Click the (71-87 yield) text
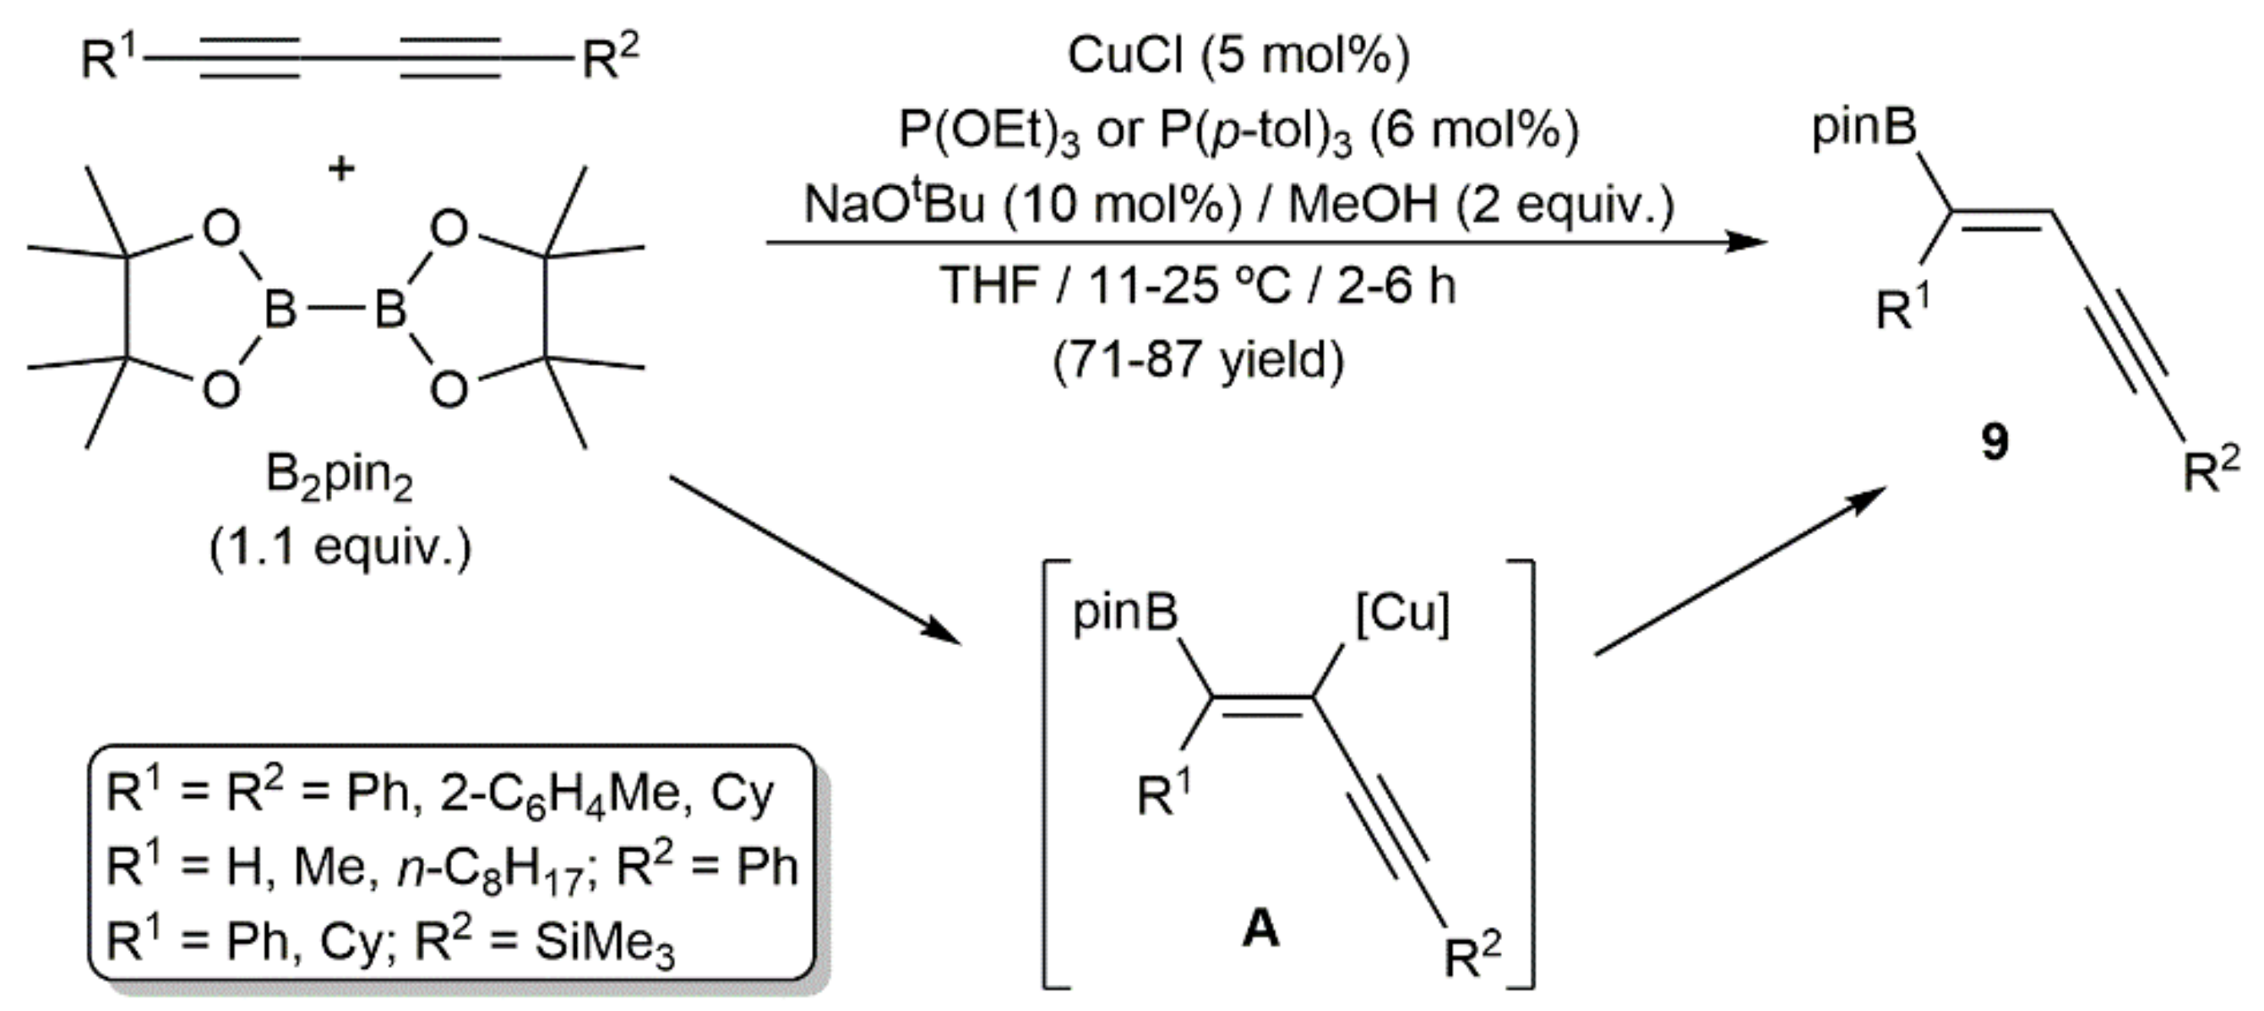click(1198, 359)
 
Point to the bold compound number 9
click(1995, 441)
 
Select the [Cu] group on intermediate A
click(1401, 613)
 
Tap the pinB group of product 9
click(1864, 128)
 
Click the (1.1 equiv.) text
click(340, 548)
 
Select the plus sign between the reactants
click(341, 167)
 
